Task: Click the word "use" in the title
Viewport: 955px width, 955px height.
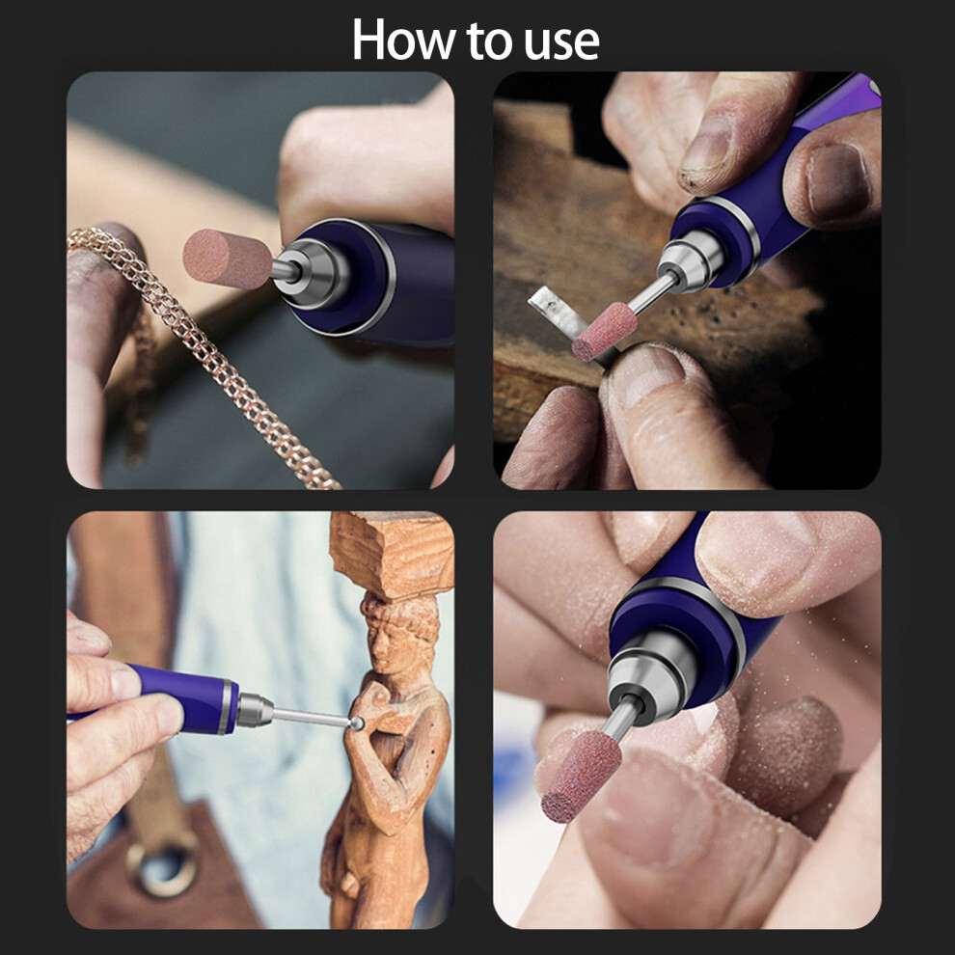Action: pos(561,42)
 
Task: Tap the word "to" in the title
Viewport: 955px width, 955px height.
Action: pos(490,41)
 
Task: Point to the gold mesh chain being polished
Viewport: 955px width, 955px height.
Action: pos(201,353)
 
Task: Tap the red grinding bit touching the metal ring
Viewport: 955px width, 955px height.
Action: pos(604,331)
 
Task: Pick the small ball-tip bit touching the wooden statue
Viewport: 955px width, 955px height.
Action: pos(357,723)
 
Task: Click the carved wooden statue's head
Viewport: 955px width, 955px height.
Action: pos(400,634)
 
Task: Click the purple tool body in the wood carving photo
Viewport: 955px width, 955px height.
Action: pos(182,697)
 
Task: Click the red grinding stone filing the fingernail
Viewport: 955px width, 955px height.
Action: pos(581,777)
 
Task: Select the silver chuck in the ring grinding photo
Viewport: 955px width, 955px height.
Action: pos(692,259)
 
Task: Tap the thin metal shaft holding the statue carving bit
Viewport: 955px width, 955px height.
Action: pos(311,717)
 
